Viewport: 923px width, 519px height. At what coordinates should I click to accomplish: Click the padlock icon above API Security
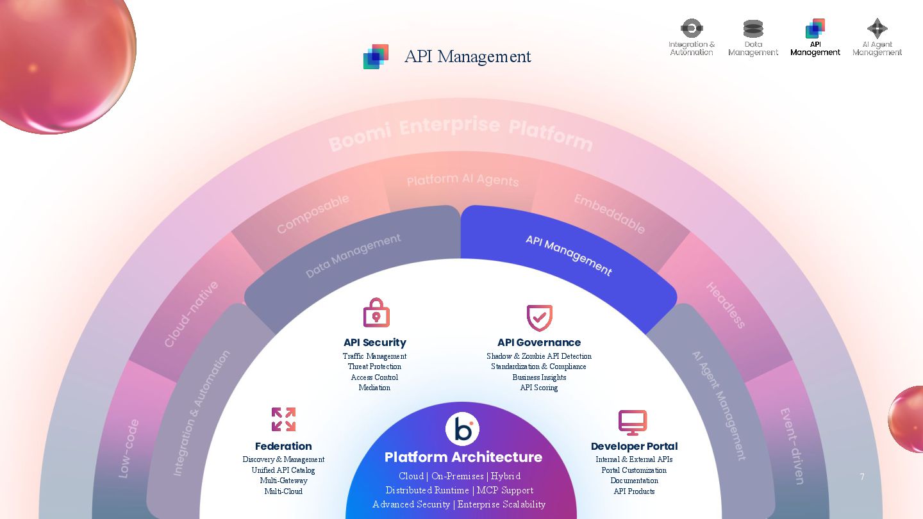coord(376,313)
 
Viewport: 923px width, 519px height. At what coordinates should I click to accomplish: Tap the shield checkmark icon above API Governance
coord(539,317)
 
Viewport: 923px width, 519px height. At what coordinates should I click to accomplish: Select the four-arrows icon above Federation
coord(283,420)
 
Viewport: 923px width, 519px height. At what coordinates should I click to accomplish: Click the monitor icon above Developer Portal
coord(633,422)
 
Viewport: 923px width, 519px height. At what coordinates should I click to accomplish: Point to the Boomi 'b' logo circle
coord(462,429)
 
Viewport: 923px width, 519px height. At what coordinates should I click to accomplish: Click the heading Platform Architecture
coord(463,457)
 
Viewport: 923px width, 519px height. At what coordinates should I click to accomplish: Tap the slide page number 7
coord(862,477)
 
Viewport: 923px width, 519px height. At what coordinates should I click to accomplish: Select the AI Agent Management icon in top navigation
coord(877,28)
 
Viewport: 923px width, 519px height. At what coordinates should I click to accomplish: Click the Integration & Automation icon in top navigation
coord(692,28)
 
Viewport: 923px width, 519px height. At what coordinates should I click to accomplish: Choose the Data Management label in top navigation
coord(753,49)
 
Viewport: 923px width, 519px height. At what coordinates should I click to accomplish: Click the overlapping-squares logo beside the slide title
coord(376,57)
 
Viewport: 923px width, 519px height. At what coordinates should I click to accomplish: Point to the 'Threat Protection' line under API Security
coord(374,367)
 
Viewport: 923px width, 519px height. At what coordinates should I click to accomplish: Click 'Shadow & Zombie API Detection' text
coord(538,356)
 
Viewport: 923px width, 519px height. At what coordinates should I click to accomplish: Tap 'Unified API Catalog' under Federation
coord(283,470)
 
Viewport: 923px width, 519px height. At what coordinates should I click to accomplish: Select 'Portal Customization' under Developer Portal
coord(634,470)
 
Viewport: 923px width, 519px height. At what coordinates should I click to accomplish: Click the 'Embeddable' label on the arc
coord(609,213)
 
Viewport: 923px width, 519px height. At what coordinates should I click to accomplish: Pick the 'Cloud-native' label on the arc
coord(190,314)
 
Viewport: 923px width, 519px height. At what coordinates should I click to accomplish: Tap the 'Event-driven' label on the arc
coord(792,445)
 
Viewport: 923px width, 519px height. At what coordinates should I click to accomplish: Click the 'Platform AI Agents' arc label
coord(462,180)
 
